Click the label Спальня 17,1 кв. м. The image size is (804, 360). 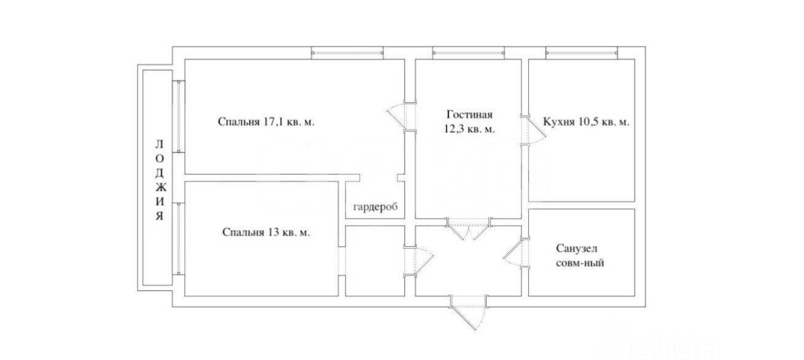tap(266, 122)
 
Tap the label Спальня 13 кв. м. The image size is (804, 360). tap(266, 233)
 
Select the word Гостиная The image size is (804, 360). tap(469, 115)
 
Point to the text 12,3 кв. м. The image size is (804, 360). tap(469, 129)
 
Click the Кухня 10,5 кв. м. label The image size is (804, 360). tap(586, 122)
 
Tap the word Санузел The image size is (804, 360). tap(577, 248)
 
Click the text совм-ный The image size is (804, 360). tap(580, 263)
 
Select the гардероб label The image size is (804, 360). tap(375, 208)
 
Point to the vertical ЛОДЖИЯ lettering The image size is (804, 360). tap(160, 181)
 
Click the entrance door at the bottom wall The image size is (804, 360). tap(469, 312)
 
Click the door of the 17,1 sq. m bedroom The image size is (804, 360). tap(401, 117)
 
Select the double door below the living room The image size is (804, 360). tap(469, 229)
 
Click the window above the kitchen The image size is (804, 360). tap(582, 53)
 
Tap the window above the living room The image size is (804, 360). tap(469, 53)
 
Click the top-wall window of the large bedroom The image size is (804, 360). tap(347, 53)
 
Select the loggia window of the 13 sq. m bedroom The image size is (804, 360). tap(178, 239)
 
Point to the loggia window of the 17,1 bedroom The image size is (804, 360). tap(178, 117)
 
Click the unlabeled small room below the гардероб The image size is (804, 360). tap(375, 261)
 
